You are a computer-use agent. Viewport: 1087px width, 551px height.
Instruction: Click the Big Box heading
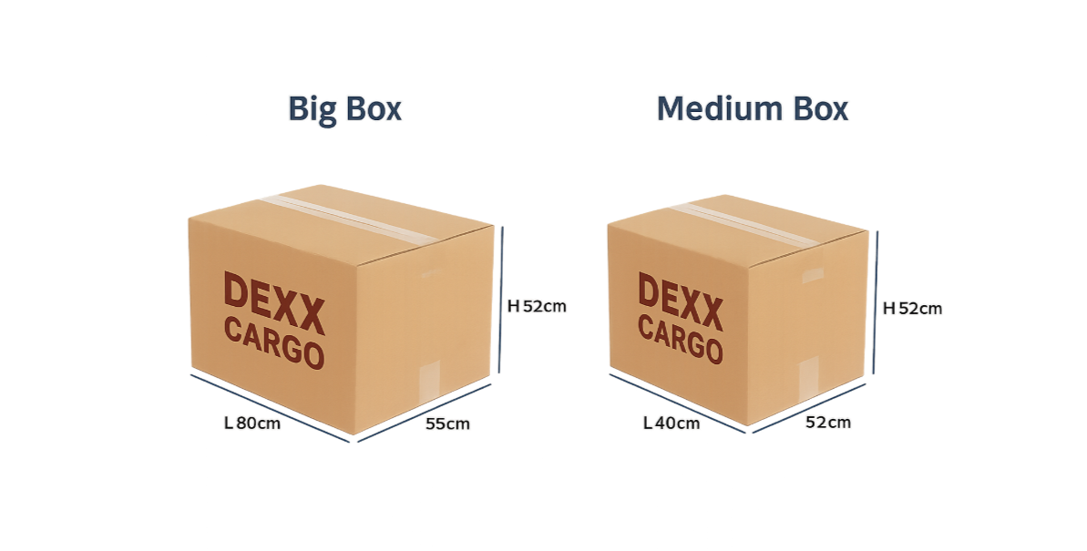(344, 108)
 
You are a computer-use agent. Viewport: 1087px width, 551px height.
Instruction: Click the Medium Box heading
(752, 108)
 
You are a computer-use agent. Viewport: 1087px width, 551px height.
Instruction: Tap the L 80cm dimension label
(252, 423)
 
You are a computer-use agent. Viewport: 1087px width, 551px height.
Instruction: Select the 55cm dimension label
(447, 424)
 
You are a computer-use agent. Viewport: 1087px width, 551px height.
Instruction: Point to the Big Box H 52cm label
(537, 306)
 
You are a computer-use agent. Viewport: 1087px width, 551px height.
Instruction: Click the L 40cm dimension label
(672, 423)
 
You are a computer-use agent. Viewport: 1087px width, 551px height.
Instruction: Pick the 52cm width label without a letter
(827, 423)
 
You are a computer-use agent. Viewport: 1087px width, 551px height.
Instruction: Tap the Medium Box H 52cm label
(912, 309)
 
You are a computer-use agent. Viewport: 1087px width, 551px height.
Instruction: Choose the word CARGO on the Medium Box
(680, 340)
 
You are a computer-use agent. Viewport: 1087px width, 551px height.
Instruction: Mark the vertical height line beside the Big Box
(501, 301)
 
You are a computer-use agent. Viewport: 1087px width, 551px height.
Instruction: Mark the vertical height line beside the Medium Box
(877, 302)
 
